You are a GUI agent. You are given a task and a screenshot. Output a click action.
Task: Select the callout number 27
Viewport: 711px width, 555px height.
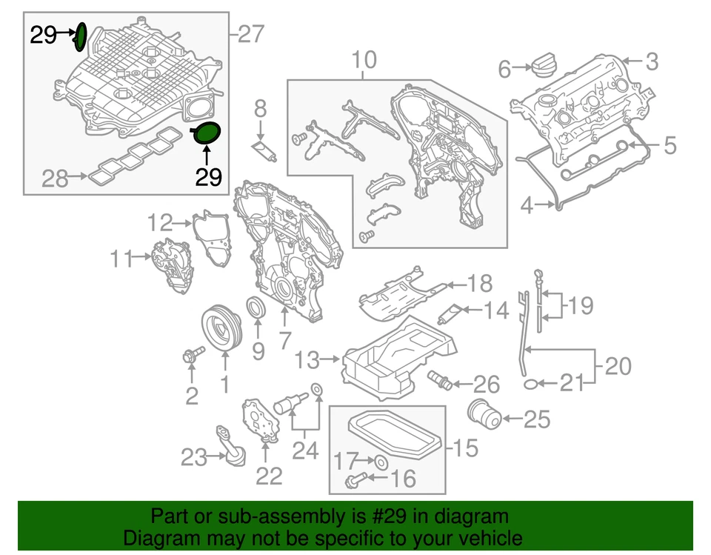[x=250, y=33]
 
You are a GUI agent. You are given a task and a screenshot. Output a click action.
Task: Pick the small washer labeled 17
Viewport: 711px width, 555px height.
[x=381, y=463]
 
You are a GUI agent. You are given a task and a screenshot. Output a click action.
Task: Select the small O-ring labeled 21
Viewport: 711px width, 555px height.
[x=531, y=383]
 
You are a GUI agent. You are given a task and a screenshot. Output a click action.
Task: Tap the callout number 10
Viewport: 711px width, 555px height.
[x=363, y=59]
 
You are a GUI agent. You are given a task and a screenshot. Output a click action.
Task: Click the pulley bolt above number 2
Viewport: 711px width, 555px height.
[x=190, y=357]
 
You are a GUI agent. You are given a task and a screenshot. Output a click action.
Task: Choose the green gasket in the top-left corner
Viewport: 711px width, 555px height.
[x=81, y=36]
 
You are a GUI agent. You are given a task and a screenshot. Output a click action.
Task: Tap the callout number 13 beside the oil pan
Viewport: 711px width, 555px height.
[x=307, y=360]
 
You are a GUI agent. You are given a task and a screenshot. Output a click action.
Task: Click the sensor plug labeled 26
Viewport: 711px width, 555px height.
[x=441, y=381]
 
